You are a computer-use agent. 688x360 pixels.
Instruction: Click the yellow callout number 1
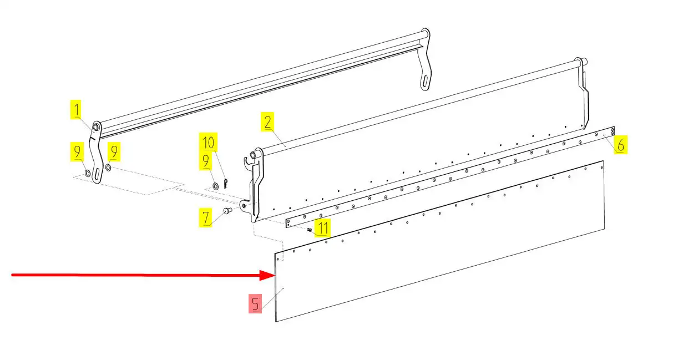(x=76, y=109)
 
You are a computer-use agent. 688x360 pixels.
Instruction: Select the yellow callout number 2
(x=267, y=122)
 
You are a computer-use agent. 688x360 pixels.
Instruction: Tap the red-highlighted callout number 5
(x=255, y=303)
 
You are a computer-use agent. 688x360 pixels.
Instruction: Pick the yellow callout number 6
(x=620, y=145)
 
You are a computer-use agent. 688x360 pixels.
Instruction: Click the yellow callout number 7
(x=205, y=217)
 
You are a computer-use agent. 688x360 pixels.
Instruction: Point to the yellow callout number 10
(x=208, y=142)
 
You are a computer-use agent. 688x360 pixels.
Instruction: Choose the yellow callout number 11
(x=322, y=228)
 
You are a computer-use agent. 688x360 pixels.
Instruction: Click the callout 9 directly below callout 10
(x=206, y=161)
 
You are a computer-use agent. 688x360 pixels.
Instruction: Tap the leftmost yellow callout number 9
(x=77, y=151)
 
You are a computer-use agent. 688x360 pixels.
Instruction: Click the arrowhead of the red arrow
(x=267, y=275)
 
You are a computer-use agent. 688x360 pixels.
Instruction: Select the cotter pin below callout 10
(x=225, y=184)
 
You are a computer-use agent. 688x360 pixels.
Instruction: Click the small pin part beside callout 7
(x=227, y=211)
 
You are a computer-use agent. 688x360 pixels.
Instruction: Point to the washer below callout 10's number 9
(x=216, y=185)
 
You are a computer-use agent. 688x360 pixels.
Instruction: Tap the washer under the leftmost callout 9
(x=88, y=173)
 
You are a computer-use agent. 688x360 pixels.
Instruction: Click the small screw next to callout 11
(x=309, y=230)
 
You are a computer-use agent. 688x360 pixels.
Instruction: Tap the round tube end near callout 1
(x=95, y=126)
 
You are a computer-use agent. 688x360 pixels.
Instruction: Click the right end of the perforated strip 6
(x=613, y=131)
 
